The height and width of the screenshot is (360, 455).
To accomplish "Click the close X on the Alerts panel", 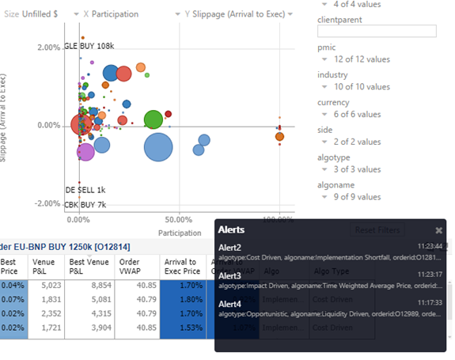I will click(439, 230).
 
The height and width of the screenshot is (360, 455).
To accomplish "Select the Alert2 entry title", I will click(229, 248).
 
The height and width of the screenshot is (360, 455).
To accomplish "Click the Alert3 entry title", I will click(229, 275).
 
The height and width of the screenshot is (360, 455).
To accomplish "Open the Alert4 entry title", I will click(229, 304).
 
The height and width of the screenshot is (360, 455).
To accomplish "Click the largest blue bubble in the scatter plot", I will click(158, 146).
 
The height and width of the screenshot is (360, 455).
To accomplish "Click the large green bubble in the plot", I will click(154, 119).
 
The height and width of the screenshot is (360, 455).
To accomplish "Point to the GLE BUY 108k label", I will click(90, 47).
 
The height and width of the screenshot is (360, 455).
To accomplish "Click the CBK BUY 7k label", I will click(85, 204).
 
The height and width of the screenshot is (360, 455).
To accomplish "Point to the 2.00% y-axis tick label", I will click(49, 47).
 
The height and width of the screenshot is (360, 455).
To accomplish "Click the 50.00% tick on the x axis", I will click(180, 219).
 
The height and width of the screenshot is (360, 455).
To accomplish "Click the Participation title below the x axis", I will click(180, 233).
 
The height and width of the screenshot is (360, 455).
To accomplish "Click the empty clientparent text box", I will click(377, 31).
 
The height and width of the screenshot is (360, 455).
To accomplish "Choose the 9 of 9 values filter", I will click(357, 197).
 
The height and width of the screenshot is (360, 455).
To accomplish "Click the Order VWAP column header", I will click(130, 267).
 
